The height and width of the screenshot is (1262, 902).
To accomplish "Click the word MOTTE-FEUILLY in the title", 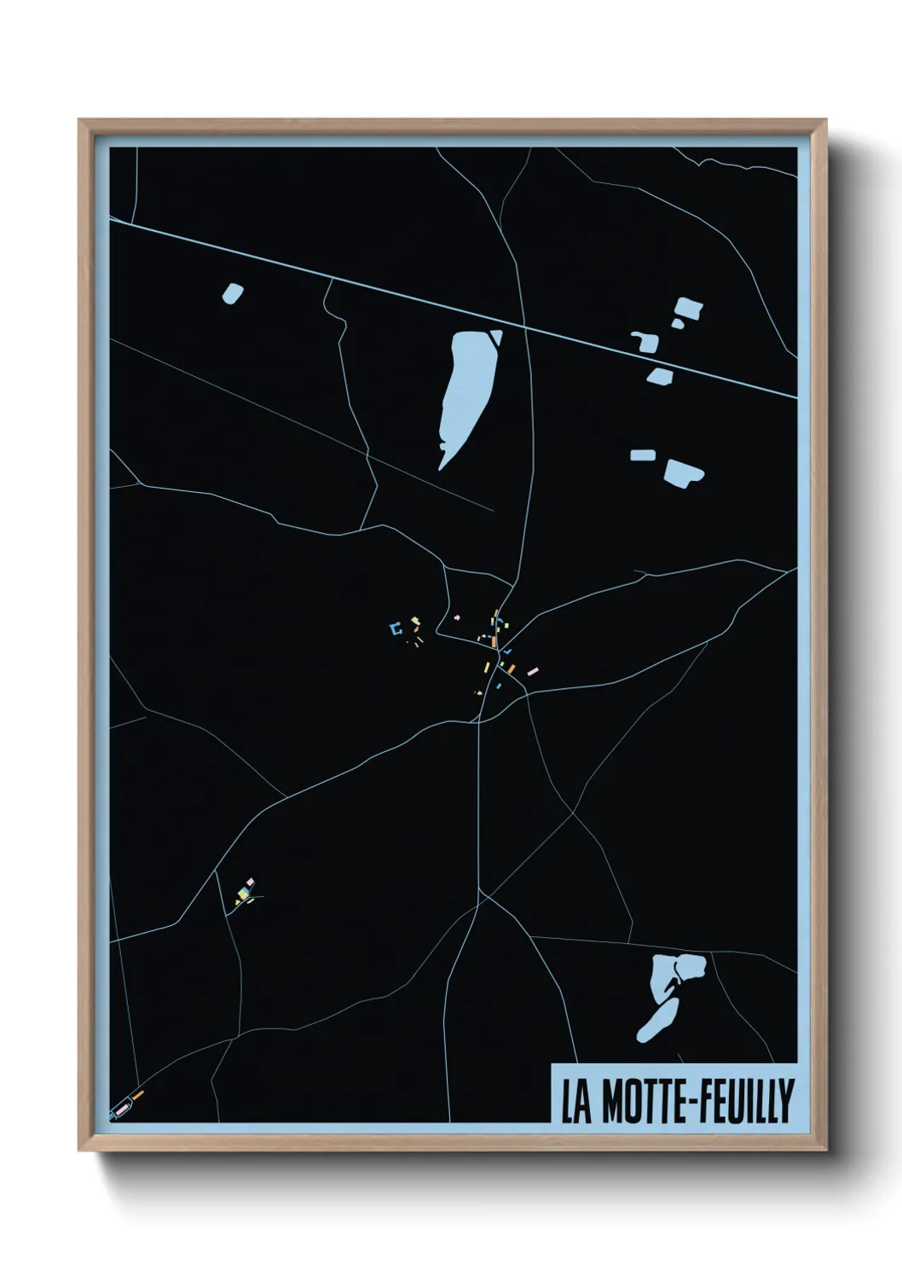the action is coord(697,1101).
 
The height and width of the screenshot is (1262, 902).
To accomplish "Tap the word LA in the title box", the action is coord(575,1101).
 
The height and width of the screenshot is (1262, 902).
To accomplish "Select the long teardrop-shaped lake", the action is coord(465,392).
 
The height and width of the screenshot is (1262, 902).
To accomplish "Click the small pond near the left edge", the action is coord(232,293).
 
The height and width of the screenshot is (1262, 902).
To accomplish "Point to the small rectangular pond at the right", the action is coord(642,455).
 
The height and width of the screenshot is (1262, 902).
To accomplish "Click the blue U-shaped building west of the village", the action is coord(394,629).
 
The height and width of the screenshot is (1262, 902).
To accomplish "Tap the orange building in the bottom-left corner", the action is coord(138,1094).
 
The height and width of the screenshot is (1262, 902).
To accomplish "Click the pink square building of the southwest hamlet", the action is coord(250,881).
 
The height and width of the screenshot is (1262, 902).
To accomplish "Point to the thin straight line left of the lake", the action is coord(298,422).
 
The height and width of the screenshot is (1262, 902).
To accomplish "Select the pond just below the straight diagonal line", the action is coord(659,374).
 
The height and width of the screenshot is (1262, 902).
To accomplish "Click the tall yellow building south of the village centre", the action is coord(487,667).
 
